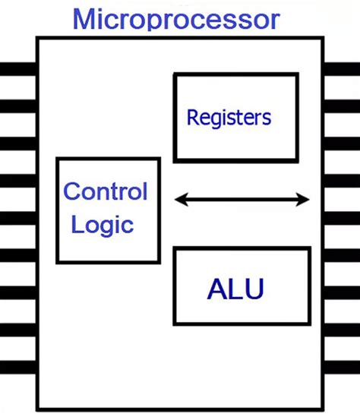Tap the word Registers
229,118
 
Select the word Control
105,191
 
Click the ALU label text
235,289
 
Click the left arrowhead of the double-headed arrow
179,200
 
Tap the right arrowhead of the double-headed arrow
305,200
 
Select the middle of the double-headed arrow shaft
242,200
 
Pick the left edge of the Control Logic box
58,210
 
